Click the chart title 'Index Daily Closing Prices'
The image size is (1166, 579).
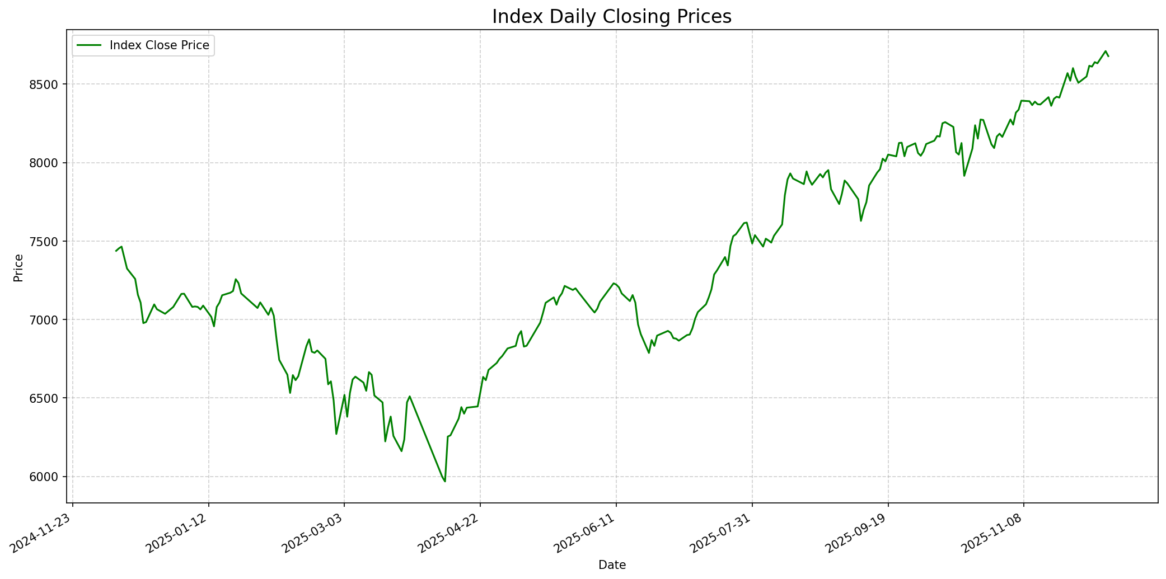coord(611,17)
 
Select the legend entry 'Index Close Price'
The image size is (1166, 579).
coord(159,45)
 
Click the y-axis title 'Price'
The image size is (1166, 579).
coord(18,267)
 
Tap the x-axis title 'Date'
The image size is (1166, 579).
coord(612,565)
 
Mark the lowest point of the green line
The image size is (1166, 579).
coord(445,481)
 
